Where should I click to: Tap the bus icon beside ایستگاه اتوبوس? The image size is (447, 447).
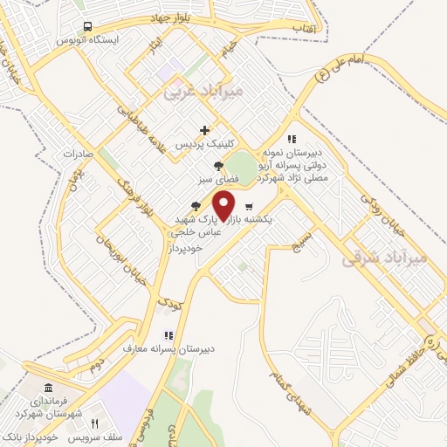pyautogui.click(x=86, y=27)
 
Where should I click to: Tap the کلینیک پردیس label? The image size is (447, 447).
pyautogui.click(x=203, y=142)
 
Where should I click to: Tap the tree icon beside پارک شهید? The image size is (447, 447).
pyautogui.click(x=196, y=206)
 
